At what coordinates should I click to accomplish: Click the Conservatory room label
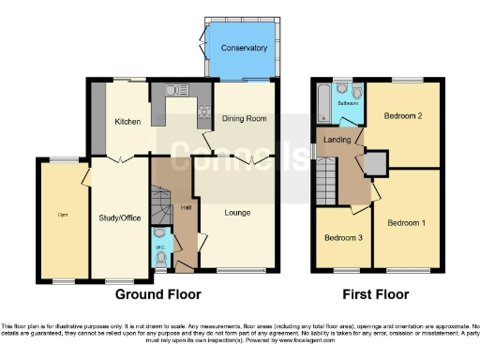(244, 48)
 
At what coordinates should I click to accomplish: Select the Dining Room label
(246, 119)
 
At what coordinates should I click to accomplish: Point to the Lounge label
(236, 213)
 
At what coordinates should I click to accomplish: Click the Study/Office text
(119, 218)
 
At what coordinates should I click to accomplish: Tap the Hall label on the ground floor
(187, 207)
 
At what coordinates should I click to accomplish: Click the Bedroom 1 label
(407, 222)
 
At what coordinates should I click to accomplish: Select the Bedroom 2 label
(405, 116)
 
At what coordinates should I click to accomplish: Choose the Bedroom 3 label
(342, 238)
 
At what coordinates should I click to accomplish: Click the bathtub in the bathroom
(323, 103)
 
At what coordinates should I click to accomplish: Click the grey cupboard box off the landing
(375, 164)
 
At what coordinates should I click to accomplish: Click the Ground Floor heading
(157, 294)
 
